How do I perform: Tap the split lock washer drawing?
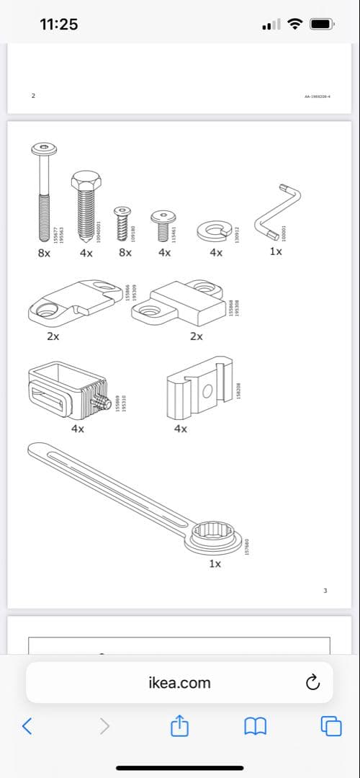pyautogui.click(x=215, y=231)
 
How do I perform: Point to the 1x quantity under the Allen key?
pyautogui.click(x=276, y=252)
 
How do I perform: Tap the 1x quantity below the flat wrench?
pyautogui.click(x=215, y=564)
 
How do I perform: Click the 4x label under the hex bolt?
pyautogui.click(x=86, y=253)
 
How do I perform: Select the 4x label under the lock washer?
pyautogui.click(x=215, y=253)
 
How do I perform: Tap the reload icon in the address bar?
pyautogui.click(x=312, y=682)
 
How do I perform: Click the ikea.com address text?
pyautogui.click(x=179, y=682)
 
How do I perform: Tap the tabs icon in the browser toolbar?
pyautogui.click(x=331, y=725)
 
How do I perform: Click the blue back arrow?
pyautogui.click(x=27, y=725)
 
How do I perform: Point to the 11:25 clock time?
pyautogui.click(x=58, y=24)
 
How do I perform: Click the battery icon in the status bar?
pyautogui.click(x=323, y=24)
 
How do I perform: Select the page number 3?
pyautogui.click(x=325, y=591)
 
